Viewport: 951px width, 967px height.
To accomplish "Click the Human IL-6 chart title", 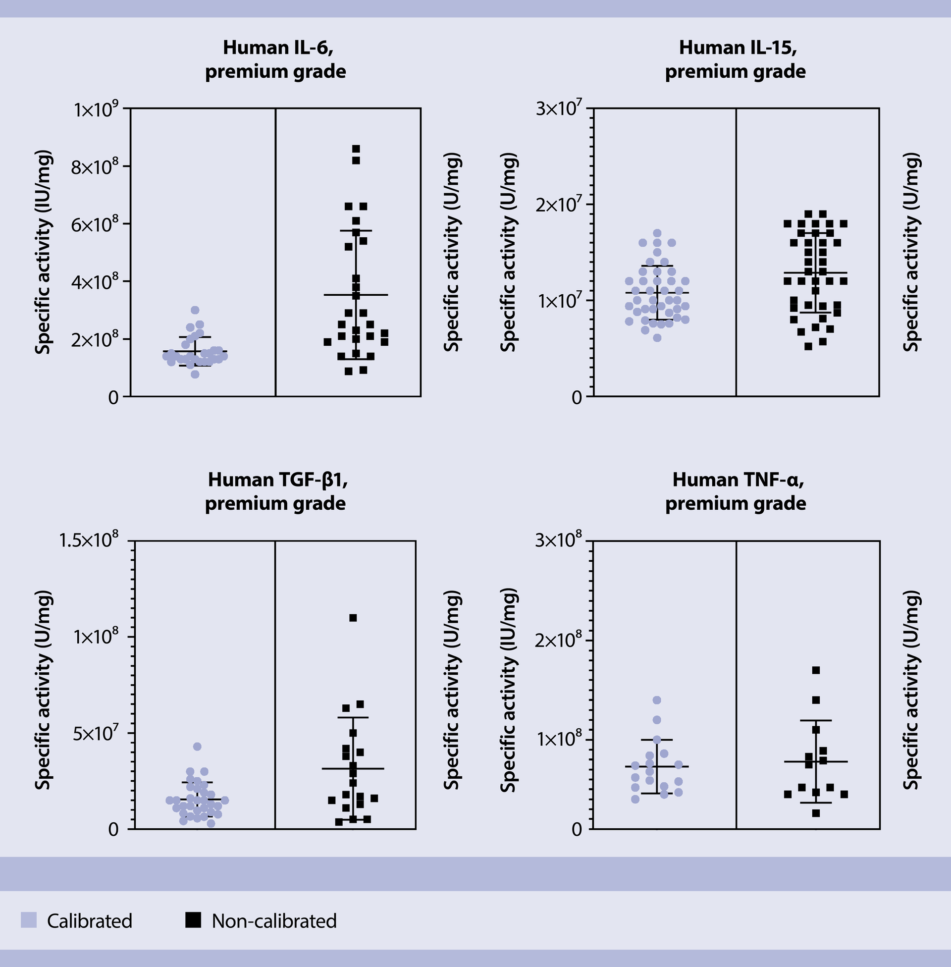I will pos(275,59).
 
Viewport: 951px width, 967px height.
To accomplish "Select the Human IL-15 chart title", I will pos(735,59).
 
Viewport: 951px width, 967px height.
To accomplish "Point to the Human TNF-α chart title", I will pos(735,491).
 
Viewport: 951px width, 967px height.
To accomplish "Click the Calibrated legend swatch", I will pos(28,920).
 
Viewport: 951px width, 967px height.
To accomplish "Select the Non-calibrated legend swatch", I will pos(193,920).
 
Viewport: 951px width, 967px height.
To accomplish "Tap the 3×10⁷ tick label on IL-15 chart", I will pos(558,109).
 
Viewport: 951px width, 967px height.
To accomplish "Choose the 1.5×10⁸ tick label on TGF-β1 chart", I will pos(90,541).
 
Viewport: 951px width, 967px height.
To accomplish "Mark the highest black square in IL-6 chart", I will pos(356,149).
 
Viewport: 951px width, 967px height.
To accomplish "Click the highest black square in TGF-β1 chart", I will pos(353,618).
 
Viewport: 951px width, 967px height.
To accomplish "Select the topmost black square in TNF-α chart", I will pos(816,670).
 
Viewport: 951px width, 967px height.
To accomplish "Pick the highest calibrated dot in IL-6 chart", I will pos(195,310).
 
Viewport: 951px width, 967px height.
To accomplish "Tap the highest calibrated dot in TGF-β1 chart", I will pos(197,747).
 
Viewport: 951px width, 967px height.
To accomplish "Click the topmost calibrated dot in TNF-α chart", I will pos(657,700).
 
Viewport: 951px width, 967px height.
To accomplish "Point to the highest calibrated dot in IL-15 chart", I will pos(657,233).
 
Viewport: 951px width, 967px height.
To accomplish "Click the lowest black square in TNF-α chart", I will pos(816,813).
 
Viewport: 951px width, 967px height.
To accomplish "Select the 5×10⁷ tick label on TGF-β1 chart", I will pos(95,734).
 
